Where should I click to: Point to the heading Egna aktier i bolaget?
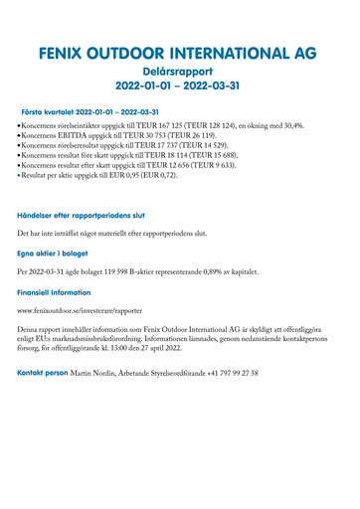tap(59, 254)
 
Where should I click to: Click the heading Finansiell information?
tap(62, 294)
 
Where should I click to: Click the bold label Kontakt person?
tap(43, 373)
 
